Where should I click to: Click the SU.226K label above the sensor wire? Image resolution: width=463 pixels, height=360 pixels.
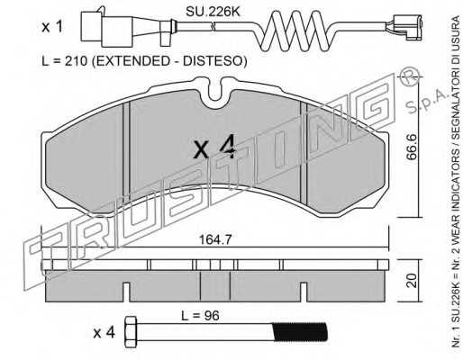coord(213,12)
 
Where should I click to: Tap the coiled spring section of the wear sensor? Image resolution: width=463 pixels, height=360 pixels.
coord(295,31)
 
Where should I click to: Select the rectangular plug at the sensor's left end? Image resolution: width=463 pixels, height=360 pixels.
coord(107,29)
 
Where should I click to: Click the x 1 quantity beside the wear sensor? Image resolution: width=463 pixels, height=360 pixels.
coord(52,28)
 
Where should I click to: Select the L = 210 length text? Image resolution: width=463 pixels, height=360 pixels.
coord(64,61)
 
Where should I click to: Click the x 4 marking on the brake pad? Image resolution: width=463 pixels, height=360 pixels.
coord(214,147)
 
